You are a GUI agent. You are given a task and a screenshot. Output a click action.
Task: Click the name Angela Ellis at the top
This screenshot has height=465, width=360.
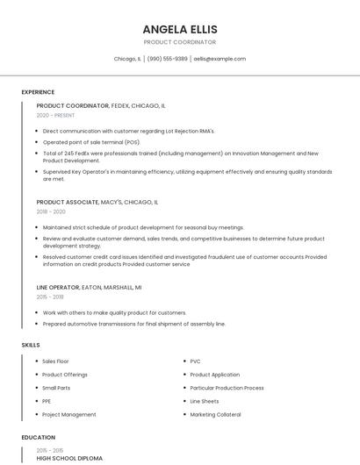179,29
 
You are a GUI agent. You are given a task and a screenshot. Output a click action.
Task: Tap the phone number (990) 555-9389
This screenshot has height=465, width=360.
167,59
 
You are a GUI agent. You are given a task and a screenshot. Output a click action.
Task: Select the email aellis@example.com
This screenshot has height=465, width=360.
220,59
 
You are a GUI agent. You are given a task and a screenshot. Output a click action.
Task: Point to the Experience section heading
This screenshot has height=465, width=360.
38,92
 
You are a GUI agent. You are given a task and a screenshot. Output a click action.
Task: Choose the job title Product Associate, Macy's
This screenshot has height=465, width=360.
97,202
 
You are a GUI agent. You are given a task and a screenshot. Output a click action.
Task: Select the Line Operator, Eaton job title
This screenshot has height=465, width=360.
89,287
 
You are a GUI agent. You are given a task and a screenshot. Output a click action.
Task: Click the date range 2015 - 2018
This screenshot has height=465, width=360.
51,297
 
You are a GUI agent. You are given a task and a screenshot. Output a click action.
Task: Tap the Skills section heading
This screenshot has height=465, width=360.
31,345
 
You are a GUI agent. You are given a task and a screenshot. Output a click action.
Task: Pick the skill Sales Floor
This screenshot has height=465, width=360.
55,361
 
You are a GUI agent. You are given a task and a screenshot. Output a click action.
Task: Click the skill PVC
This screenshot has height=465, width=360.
195,361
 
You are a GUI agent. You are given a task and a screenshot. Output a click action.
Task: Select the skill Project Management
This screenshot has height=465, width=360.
68,414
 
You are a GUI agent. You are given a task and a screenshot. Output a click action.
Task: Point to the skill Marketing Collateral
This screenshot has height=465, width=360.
215,414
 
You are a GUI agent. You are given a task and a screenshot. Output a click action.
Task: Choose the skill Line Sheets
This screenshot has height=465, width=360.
204,401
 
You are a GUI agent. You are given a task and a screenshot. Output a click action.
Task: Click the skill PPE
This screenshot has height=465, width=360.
47,401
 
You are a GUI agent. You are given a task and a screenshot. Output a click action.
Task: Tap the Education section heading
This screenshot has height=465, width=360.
38,437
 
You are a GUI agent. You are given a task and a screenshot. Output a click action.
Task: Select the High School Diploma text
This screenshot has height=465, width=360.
69,458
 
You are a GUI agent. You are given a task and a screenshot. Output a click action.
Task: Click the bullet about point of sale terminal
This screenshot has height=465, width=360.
91,142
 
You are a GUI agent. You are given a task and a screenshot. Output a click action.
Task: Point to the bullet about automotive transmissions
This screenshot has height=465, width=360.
133,324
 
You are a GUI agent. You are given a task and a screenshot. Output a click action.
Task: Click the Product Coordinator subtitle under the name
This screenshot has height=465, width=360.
179,42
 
